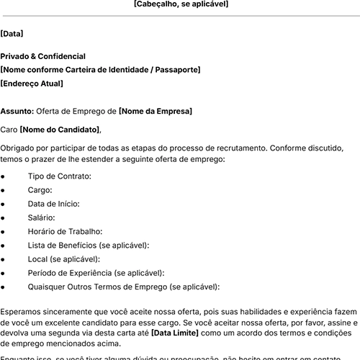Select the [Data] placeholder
point(12,33)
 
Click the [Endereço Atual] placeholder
point(32,84)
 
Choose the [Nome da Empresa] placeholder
point(156,112)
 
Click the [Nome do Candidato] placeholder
point(60,130)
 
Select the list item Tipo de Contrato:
point(59,176)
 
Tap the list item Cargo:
point(40,190)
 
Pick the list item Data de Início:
point(53,204)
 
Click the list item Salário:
point(42,217)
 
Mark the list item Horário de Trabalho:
point(65,232)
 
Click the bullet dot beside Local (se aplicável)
point(4,259)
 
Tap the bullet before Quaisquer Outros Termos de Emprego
point(4,287)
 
